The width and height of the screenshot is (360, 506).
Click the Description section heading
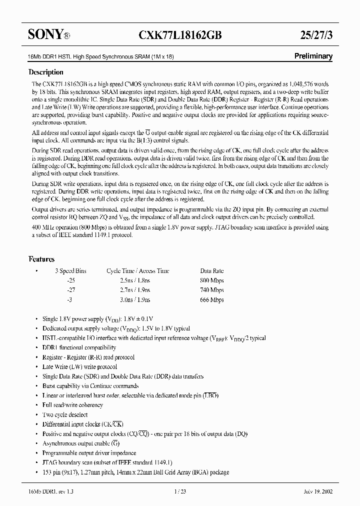[x=45, y=72]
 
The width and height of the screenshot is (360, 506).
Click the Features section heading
[x=41, y=259]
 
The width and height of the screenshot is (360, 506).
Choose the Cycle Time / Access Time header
[x=137, y=271]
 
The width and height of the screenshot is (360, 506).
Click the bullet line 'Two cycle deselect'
[x=65, y=415]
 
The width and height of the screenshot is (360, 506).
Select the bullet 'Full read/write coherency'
[x=72, y=405]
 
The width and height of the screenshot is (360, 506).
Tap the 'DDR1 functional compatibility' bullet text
[x=79, y=347]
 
